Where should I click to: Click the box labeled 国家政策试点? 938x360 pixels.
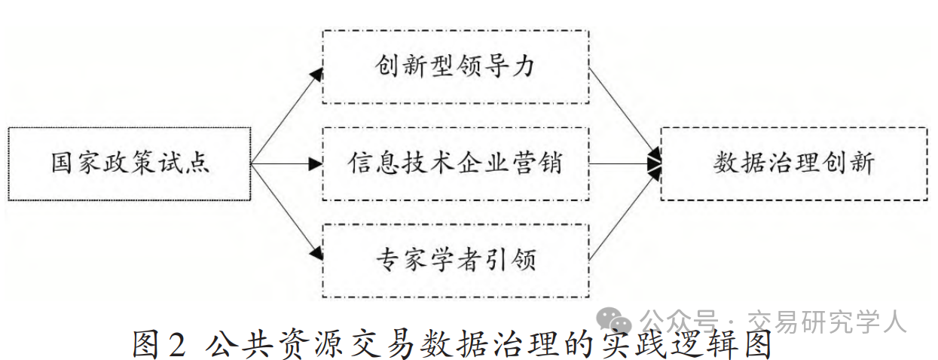[x=129, y=163]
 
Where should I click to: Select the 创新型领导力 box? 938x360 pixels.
[x=455, y=66]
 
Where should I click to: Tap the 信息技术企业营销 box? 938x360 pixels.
[x=455, y=163]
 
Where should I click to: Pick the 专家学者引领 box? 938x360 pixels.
[x=455, y=261]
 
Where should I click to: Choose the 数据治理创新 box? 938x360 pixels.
[x=793, y=163]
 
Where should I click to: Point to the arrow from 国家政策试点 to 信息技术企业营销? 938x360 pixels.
[x=286, y=163]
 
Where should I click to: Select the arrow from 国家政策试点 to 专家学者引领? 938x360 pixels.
[x=286, y=212]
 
